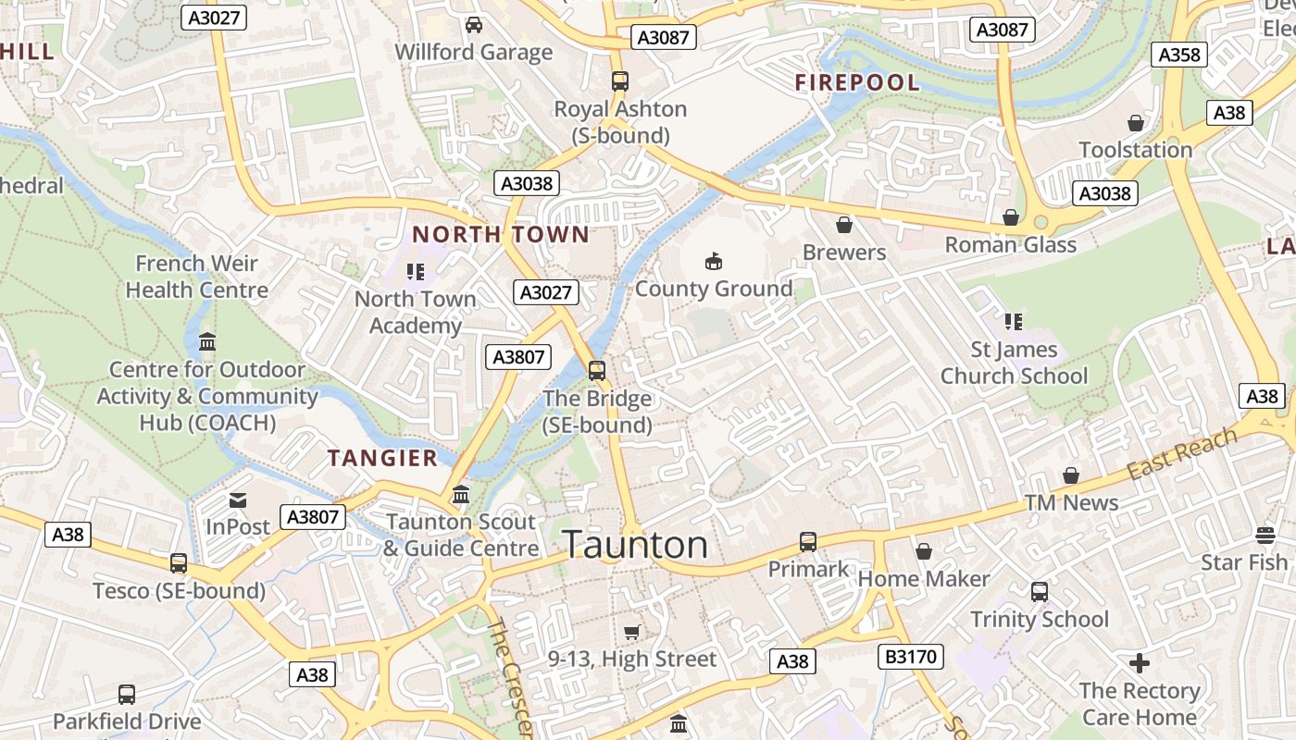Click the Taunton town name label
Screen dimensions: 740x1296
(635, 545)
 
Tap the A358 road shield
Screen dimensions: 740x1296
(1179, 55)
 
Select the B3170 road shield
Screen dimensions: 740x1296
(911, 657)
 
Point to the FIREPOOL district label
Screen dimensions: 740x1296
(857, 82)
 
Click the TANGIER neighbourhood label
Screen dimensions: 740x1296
(383, 458)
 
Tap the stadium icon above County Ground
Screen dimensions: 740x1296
(713, 262)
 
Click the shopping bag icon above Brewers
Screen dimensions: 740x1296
(844, 225)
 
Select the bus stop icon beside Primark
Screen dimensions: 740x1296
(808, 542)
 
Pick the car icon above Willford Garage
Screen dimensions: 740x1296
(474, 25)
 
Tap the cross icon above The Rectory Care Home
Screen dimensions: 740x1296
(1140, 663)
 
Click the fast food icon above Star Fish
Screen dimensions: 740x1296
(1265, 536)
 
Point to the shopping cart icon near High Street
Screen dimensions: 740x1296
(632, 632)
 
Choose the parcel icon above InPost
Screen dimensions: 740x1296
(238, 500)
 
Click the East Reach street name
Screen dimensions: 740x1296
(1182, 454)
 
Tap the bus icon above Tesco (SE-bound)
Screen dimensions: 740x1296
(179, 562)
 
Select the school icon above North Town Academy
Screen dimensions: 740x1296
(416, 272)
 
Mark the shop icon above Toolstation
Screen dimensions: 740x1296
(1136, 123)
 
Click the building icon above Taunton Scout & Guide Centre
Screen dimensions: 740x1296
(461, 495)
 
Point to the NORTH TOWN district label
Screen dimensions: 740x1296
(501, 234)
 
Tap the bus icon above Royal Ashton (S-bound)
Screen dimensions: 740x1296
(620, 81)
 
